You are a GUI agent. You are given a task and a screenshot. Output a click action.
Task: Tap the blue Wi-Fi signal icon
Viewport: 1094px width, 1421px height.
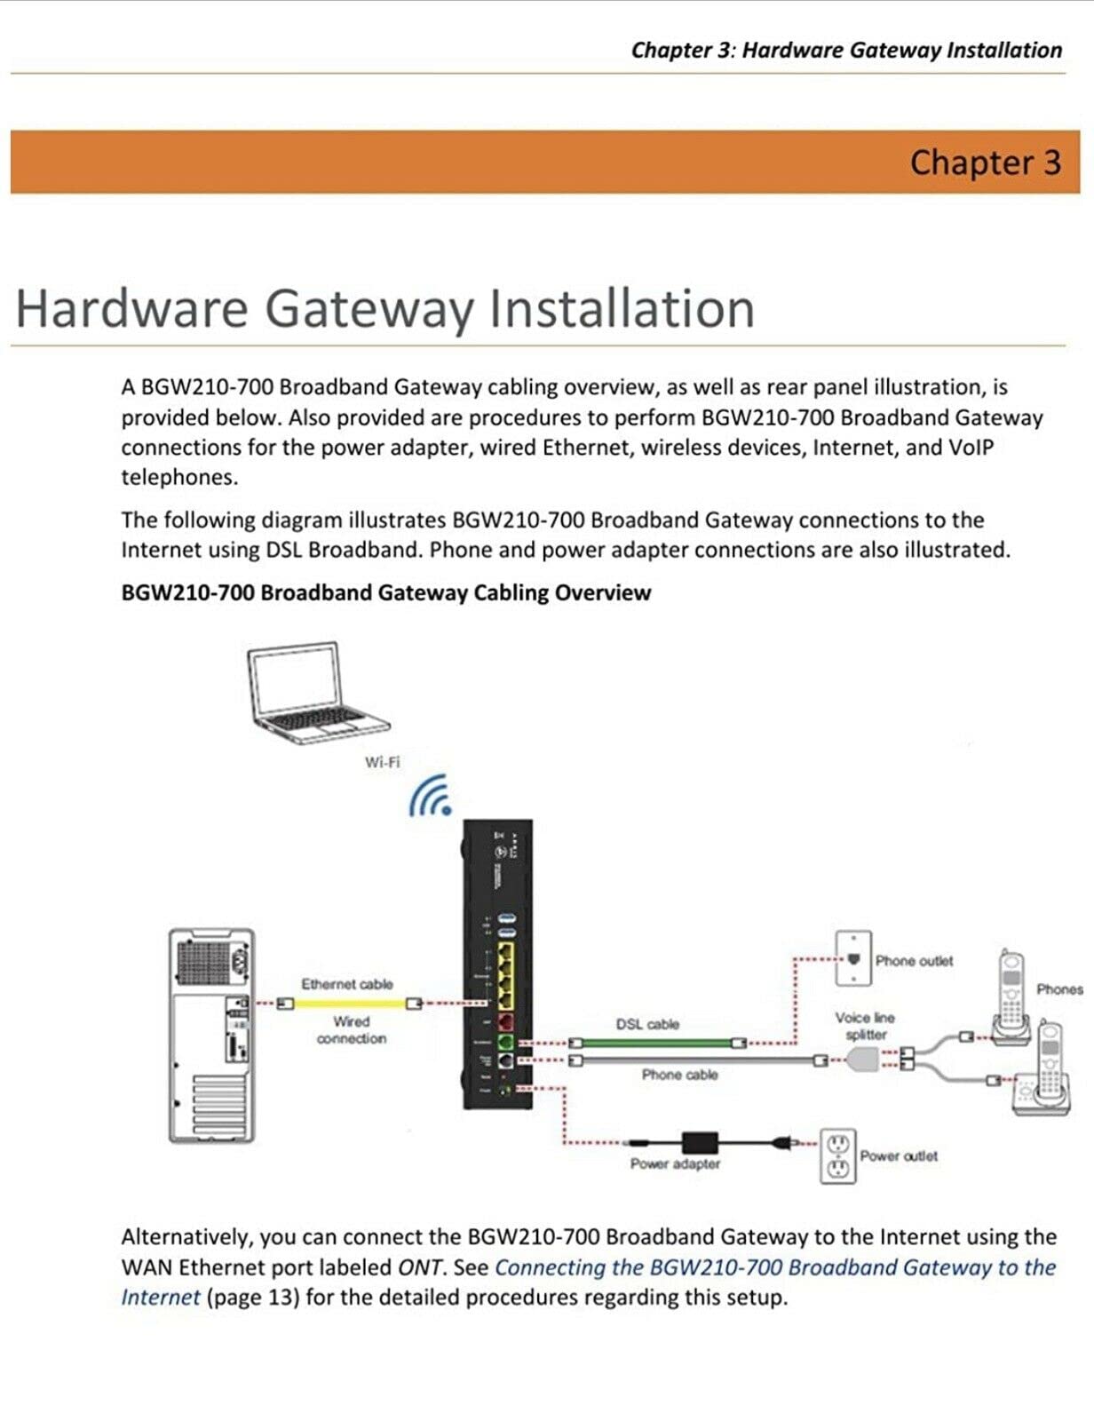click(432, 796)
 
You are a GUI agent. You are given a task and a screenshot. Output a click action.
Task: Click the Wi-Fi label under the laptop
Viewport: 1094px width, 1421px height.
click(382, 762)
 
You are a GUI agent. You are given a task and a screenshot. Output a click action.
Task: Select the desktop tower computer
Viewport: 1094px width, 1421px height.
click(211, 1035)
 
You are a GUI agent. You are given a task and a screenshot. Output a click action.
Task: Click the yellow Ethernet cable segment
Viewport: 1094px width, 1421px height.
click(350, 1004)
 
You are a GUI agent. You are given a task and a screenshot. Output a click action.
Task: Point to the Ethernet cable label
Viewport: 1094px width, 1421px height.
click(346, 984)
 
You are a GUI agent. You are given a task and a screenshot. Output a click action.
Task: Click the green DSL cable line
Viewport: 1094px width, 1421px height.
click(657, 1042)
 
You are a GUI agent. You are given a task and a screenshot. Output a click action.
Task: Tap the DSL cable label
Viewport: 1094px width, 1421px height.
click(647, 1024)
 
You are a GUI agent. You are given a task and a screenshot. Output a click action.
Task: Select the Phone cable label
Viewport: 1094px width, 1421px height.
click(679, 1075)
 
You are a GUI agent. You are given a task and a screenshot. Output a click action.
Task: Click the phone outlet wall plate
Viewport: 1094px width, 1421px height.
click(853, 958)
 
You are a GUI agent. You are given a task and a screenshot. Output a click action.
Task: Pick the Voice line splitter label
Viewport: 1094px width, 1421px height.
click(865, 1026)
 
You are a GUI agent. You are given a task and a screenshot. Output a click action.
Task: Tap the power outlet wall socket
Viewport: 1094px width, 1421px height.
click(837, 1156)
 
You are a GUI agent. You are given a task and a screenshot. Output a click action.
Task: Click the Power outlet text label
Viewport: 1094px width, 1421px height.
click(899, 1155)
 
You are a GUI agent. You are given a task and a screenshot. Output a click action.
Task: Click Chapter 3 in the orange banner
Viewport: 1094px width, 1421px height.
click(985, 163)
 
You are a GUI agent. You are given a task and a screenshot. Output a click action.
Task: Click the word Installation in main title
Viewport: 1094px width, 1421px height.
click(622, 308)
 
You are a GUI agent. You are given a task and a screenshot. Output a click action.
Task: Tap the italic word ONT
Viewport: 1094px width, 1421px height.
click(419, 1267)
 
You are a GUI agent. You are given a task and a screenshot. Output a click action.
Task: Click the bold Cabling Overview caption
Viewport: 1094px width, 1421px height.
click(385, 592)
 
